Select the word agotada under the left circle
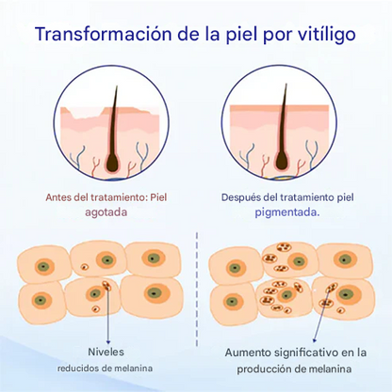point(106,213)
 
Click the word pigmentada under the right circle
point(287,213)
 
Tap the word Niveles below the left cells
point(106,352)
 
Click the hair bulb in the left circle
point(112,164)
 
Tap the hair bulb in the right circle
point(282,162)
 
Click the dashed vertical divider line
point(197,290)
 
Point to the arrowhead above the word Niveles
point(108,341)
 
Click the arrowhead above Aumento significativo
point(314,340)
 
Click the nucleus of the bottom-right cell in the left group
point(155,293)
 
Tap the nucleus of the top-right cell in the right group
point(345,259)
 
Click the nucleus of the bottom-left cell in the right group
point(233,302)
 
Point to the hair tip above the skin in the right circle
point(286,84)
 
